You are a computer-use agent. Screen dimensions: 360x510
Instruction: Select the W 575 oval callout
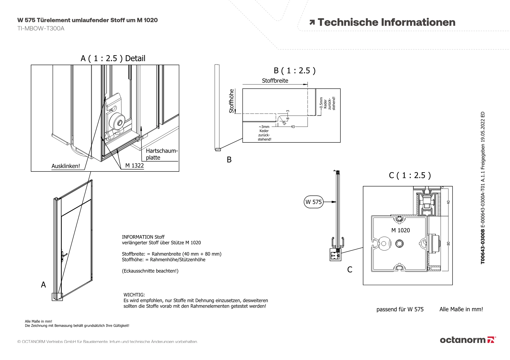point(314,202)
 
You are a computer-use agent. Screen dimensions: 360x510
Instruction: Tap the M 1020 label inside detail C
point(400,230)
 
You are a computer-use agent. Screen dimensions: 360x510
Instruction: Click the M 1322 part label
point(134,166)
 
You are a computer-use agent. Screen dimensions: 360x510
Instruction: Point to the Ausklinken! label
point(66,166)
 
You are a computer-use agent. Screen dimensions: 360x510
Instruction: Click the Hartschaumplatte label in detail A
point(161,154)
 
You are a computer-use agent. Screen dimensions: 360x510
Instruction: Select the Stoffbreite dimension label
point(275,81)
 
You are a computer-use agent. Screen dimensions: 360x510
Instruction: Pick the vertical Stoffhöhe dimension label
point(231,101)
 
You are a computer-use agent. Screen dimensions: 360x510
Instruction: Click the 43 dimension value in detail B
point(292,127)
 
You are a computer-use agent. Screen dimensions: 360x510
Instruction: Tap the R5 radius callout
point(284,123)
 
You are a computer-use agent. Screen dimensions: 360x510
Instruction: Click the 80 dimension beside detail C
point(449,244)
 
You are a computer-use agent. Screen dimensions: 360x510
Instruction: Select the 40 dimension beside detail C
point(449,202)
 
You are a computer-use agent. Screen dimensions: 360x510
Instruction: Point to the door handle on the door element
point(63,255)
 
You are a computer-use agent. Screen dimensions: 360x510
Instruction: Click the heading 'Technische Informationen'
point(386,22)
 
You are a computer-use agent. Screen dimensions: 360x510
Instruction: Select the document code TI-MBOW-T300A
point(41,29)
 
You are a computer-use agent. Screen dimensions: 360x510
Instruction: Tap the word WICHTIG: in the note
point(134,295)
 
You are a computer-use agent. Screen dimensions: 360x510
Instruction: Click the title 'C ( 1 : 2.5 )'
point(410,176)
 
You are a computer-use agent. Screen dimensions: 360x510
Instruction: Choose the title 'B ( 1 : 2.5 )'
point(295,71)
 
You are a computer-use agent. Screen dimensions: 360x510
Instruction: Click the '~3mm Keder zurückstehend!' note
point(264,133)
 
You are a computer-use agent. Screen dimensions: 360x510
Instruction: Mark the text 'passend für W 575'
point(400,309)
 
